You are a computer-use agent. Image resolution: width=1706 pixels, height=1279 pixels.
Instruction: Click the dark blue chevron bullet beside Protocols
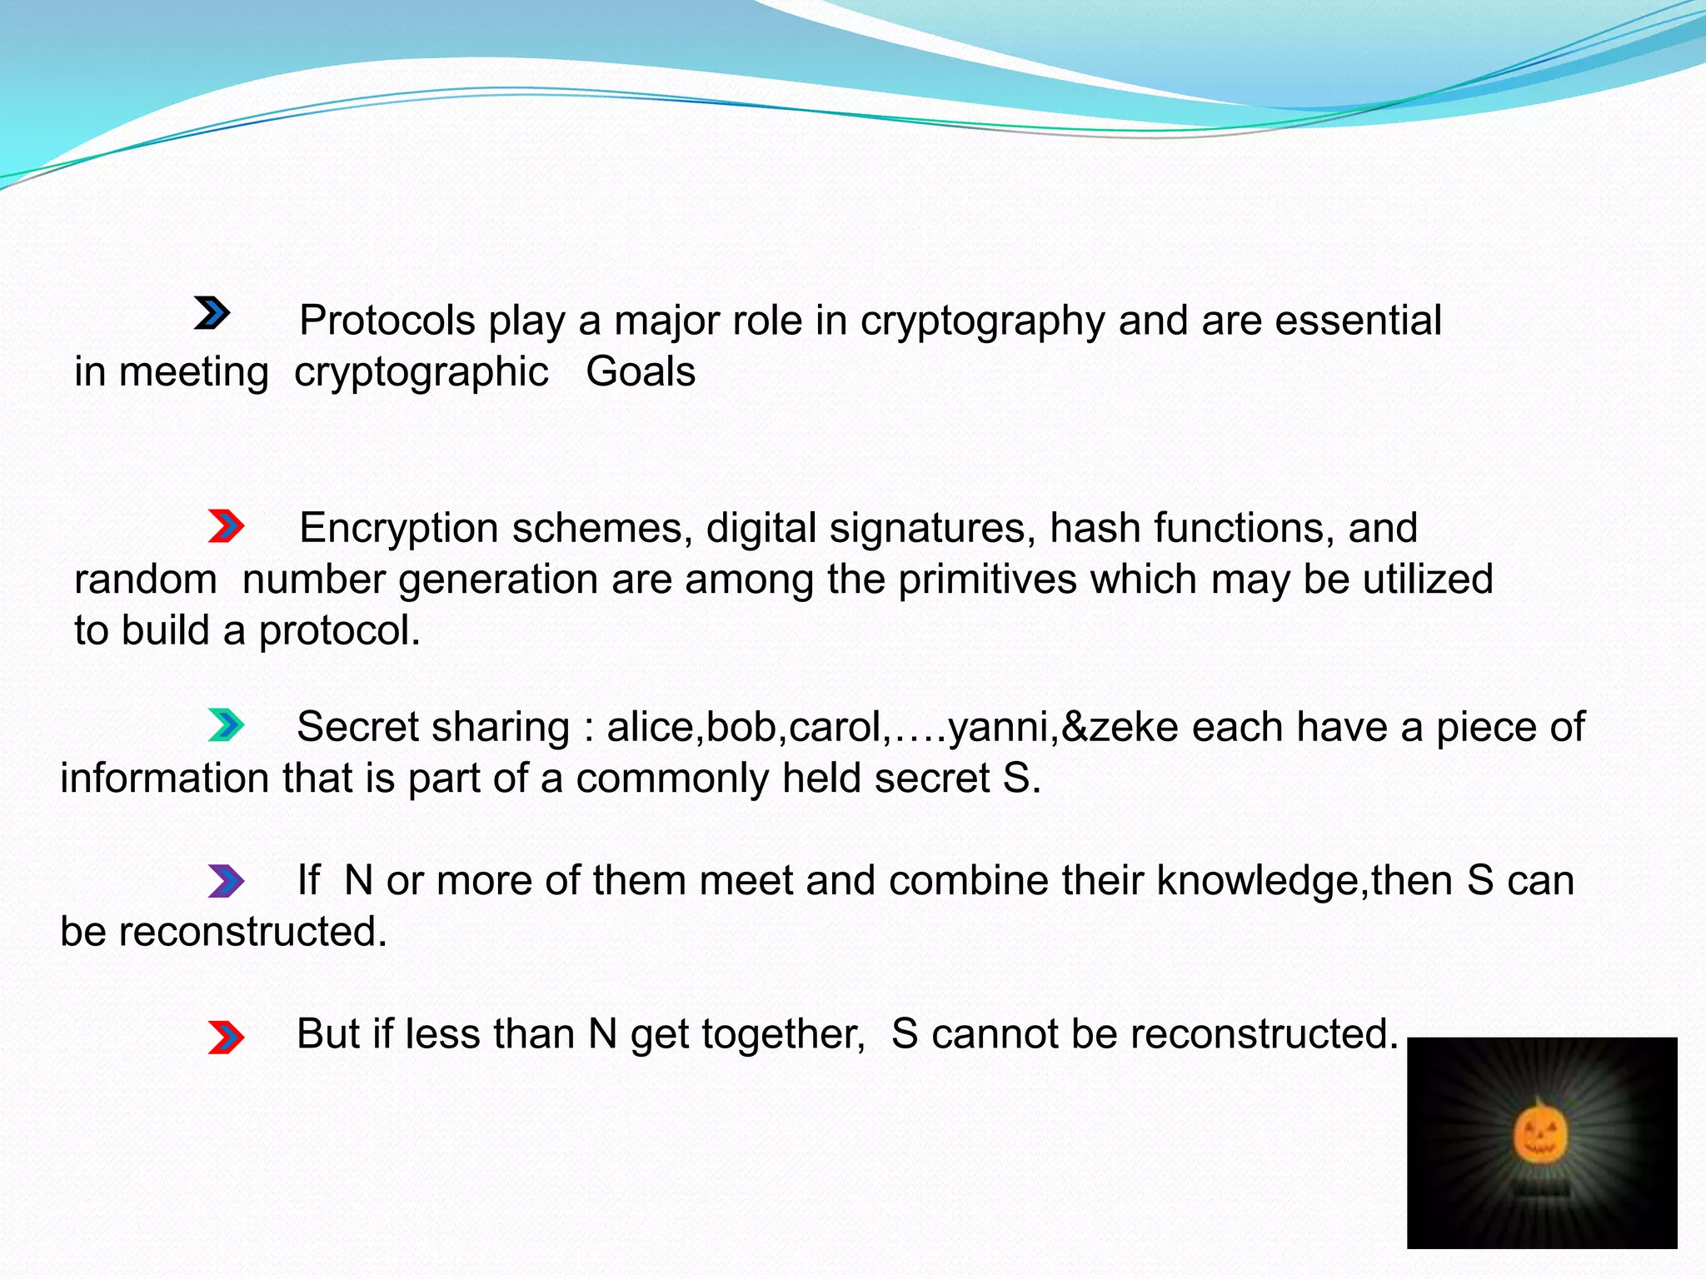click(212, 313)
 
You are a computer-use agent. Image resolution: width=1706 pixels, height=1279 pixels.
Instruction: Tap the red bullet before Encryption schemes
click(226, 526)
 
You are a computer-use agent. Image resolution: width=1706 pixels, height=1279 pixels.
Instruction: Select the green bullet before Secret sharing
click(226, 725)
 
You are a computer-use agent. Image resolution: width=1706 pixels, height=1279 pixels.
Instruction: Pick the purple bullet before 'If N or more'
click(226, 881)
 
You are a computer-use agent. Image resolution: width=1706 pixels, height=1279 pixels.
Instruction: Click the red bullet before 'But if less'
click(226, 1038)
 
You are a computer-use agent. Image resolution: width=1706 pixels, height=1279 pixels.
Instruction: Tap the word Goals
click(641, 371)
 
